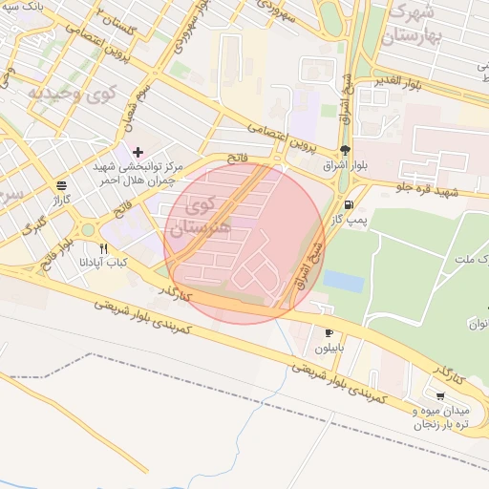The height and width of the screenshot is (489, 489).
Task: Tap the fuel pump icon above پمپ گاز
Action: tap(347, 204)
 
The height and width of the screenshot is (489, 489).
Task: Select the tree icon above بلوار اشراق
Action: tap(344, 150)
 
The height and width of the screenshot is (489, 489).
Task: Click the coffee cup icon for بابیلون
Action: tap(329, 333)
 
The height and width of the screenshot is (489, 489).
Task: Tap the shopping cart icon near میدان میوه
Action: tap(439, 395)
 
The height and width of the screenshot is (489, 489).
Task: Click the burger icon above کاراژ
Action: tap(62, 185)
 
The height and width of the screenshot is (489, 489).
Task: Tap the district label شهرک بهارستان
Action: tap(413, 27)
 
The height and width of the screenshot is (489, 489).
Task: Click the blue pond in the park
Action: tap(343, 281)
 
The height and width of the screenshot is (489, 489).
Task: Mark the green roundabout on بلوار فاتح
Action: tap(87, 229)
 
